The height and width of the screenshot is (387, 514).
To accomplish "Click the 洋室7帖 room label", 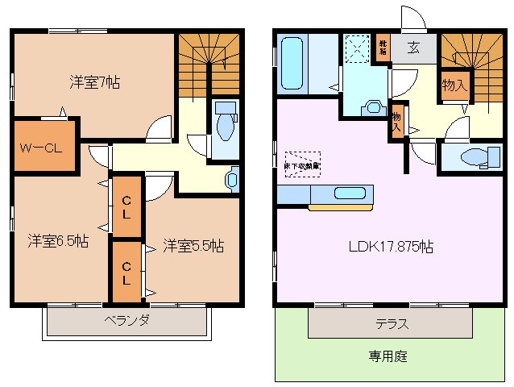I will (x=95, y=81).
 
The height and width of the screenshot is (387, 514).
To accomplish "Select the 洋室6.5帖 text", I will (x=57, y=241).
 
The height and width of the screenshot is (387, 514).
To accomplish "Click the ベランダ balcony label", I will (x=126, y=320).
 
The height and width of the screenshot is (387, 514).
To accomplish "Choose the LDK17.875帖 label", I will (x=392, y=247).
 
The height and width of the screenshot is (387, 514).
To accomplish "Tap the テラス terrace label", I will (x=392, y=324).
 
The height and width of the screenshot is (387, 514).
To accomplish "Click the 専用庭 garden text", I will (x=387, y=356).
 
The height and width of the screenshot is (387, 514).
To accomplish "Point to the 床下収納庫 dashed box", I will (x=302, y=164).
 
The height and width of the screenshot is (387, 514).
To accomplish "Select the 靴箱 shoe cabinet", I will (x=383, y=47).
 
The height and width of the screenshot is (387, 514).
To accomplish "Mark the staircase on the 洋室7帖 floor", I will (x=208, y=62).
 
